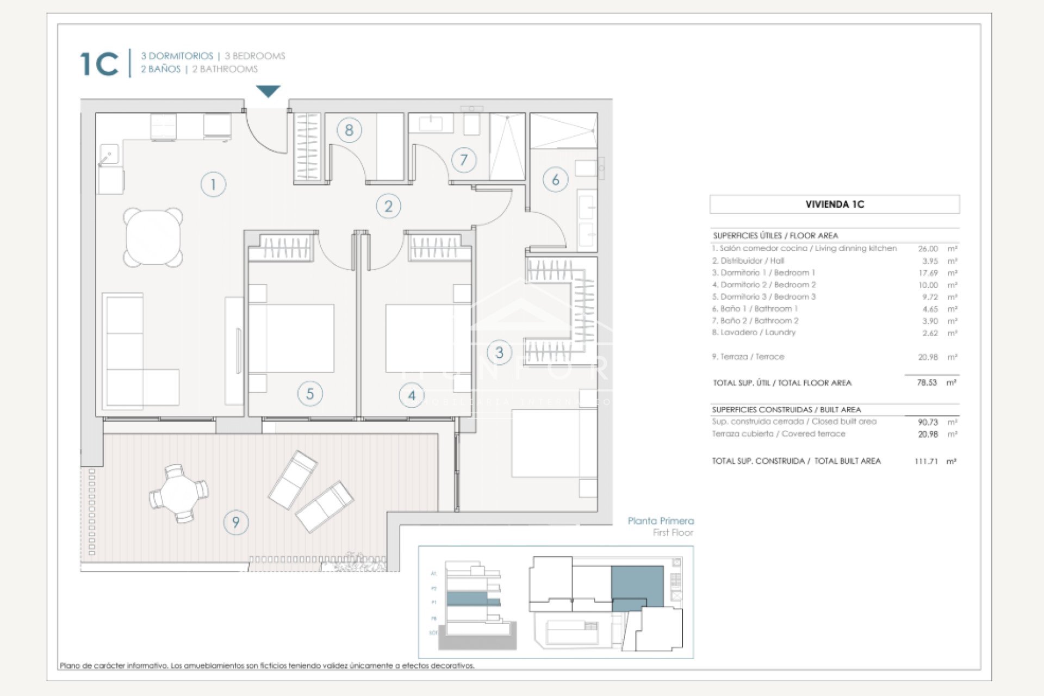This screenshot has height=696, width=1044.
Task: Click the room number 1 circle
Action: tap(213, 184)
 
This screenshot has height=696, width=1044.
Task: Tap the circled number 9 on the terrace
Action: tap(236, 522)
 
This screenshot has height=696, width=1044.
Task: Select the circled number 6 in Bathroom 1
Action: tap(555, 179)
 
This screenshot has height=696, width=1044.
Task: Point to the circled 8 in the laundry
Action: tap(349, 130)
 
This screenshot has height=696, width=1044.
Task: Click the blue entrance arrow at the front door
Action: tap(268, 91)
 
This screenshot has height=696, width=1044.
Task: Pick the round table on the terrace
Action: tap(179, 493)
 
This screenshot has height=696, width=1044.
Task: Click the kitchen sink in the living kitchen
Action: tap(109, 154)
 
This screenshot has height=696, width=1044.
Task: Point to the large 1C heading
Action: tap(99, 64)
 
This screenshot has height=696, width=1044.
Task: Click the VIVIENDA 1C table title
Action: tap(834, 204)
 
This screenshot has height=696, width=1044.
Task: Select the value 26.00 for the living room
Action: tap(928, 248)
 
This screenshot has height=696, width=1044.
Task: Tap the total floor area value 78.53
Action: tap(927, 382)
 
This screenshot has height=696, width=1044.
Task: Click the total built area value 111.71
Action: tap(926, 461)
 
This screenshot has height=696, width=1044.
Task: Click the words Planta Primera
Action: tap(660, 521)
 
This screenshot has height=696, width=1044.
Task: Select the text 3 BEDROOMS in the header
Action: tap(255, 56)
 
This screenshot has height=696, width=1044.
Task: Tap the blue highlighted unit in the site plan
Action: tap(637, 586)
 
